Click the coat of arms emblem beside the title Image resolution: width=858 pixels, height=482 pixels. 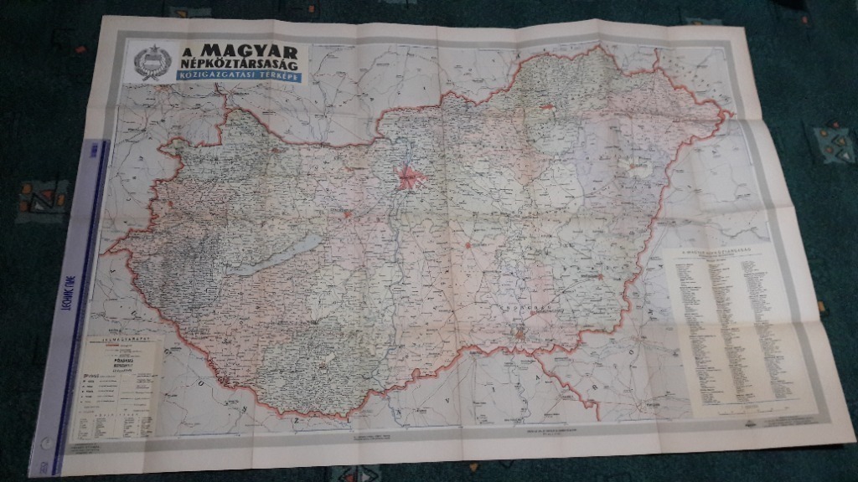152,62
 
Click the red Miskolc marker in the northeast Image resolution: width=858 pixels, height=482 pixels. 548,106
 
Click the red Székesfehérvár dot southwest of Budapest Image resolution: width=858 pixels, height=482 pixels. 347,213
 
